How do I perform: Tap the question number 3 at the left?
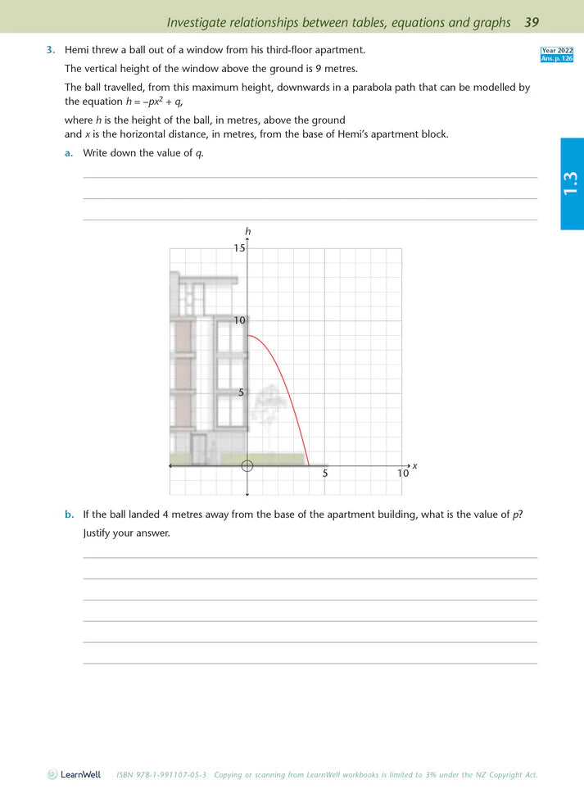(x=50, y=51)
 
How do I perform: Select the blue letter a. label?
(x=69, y=153)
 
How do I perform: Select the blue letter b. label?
(x=69, y=515)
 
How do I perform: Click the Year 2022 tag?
(x=557, y=51)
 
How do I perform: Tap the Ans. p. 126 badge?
(x=557, y=58)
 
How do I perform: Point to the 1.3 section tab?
(x=571, y=184)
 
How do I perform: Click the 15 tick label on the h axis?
(x=239, y=247)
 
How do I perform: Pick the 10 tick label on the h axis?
(x=239, y=320)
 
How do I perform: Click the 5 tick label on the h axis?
(x=242, y=392)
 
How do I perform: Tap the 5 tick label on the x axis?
(x=325, y=474)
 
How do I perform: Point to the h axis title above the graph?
(x=247, y=232)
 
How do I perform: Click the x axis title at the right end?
(x=414, y=466)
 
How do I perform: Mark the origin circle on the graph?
(x=247, y=465)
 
